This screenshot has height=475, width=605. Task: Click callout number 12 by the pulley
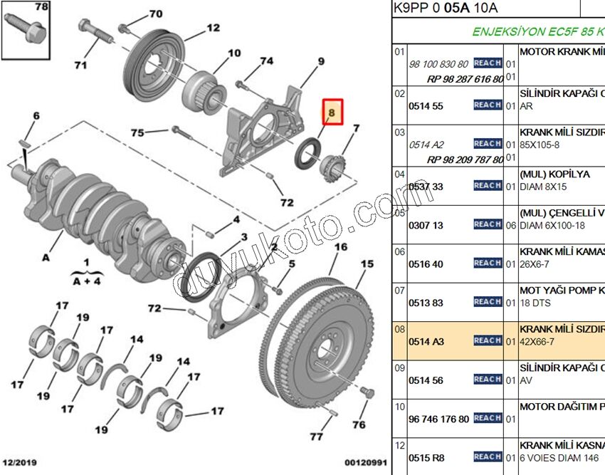click(213, 28)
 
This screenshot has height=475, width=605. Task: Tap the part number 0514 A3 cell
click(426, 342)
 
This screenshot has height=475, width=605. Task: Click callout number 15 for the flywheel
click(367, 264)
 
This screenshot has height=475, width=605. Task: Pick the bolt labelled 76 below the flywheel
click(367, 394)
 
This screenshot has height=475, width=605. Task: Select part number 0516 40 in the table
click(426, 264)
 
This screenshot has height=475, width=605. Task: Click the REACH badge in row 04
click(488, 185)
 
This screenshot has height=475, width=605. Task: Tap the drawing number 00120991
click(366, 463)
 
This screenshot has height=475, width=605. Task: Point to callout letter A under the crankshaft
click(46, 258)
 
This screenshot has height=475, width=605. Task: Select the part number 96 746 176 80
click(438, 419)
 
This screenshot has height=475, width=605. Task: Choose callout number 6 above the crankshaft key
click(36, 117)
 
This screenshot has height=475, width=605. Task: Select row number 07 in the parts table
click(399, 291)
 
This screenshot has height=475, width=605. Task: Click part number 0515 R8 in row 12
click(426, 458)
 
